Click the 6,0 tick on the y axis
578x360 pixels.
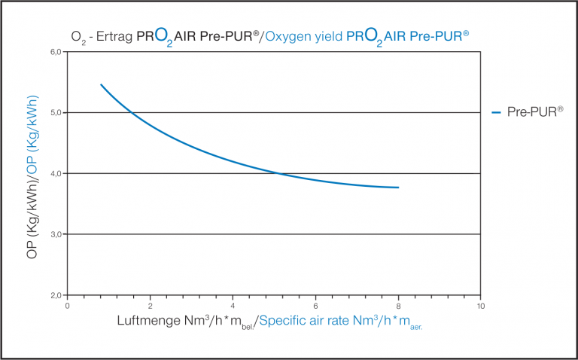click(x=56, y=52)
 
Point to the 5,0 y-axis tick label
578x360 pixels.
click(x=56, y=113)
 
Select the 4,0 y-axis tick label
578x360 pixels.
click(x=56, y=173)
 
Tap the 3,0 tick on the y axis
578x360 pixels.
click(x=56, y=234)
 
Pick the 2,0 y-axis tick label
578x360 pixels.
click(x=56, y=295)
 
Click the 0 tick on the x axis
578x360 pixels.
click(x=68, y=305)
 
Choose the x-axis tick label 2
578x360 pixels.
click(x=151, y=305)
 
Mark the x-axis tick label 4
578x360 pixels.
click(x=233, y=305)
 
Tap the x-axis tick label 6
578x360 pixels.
click(x=315, y=305)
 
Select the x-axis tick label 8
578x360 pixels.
click(x=398, y=305)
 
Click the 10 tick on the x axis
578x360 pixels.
click(x=480, y=305)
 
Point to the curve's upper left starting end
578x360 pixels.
click(x=101, y=84)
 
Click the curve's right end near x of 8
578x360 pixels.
click(x=398, y=188)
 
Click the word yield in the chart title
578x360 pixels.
click(x=330, y=36)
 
